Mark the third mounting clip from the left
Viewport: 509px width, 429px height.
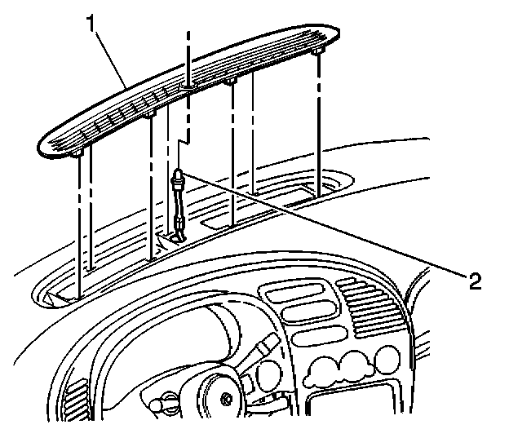pyautogui.click(x=232, y=82)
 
